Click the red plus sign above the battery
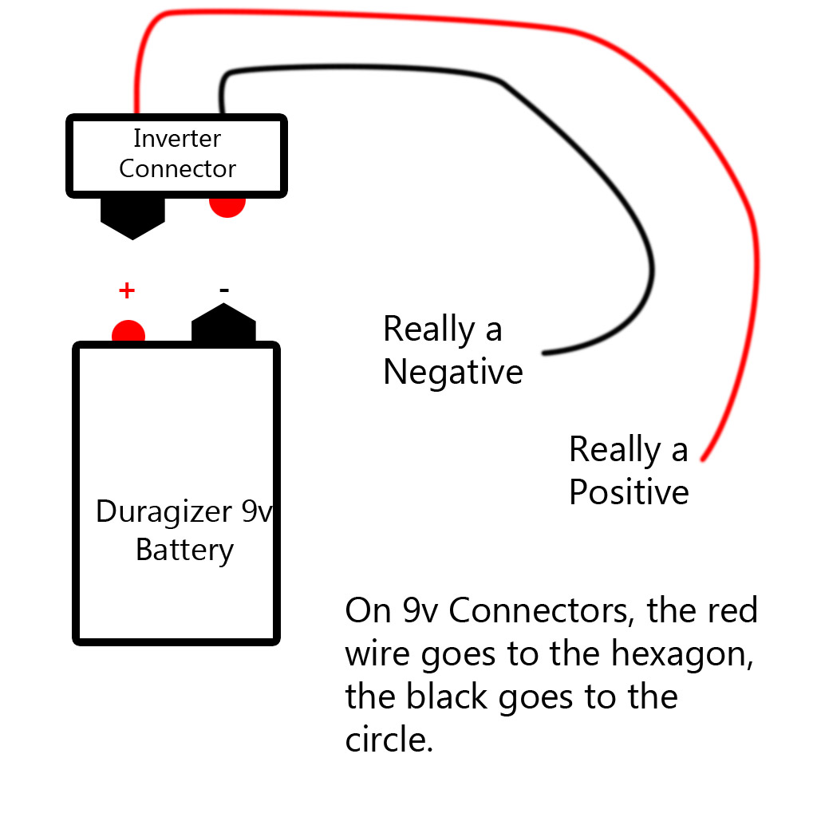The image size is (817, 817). [x=126, y=290]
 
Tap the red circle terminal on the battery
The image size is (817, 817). [x=128, y=332]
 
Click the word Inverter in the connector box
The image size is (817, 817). [x=176, y=139]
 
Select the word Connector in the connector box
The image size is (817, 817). [x=177, y=169]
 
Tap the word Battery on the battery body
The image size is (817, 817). [x=184, y=551]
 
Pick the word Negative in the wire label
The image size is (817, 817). [x=452, y=373]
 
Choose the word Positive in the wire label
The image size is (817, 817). [x=629, y=492]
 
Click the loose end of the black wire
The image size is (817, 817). [x=544, y=352]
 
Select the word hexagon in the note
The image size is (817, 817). [x=681, y=654]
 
